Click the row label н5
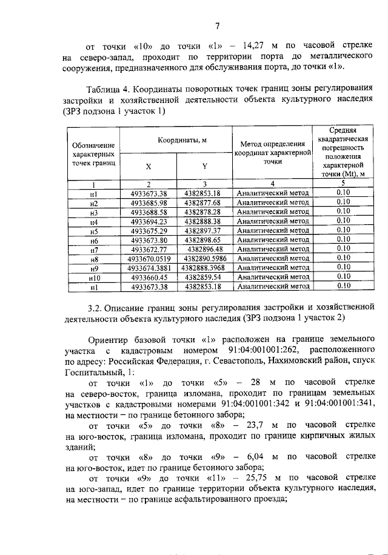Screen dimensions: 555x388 tap(93, 231)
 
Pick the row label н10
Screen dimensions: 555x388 tap(93, 277)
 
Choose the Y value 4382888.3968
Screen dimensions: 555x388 tap(204, 267)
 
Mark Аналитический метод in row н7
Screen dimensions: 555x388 tap(273, 249)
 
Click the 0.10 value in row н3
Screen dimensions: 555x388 tap(343, 212)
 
